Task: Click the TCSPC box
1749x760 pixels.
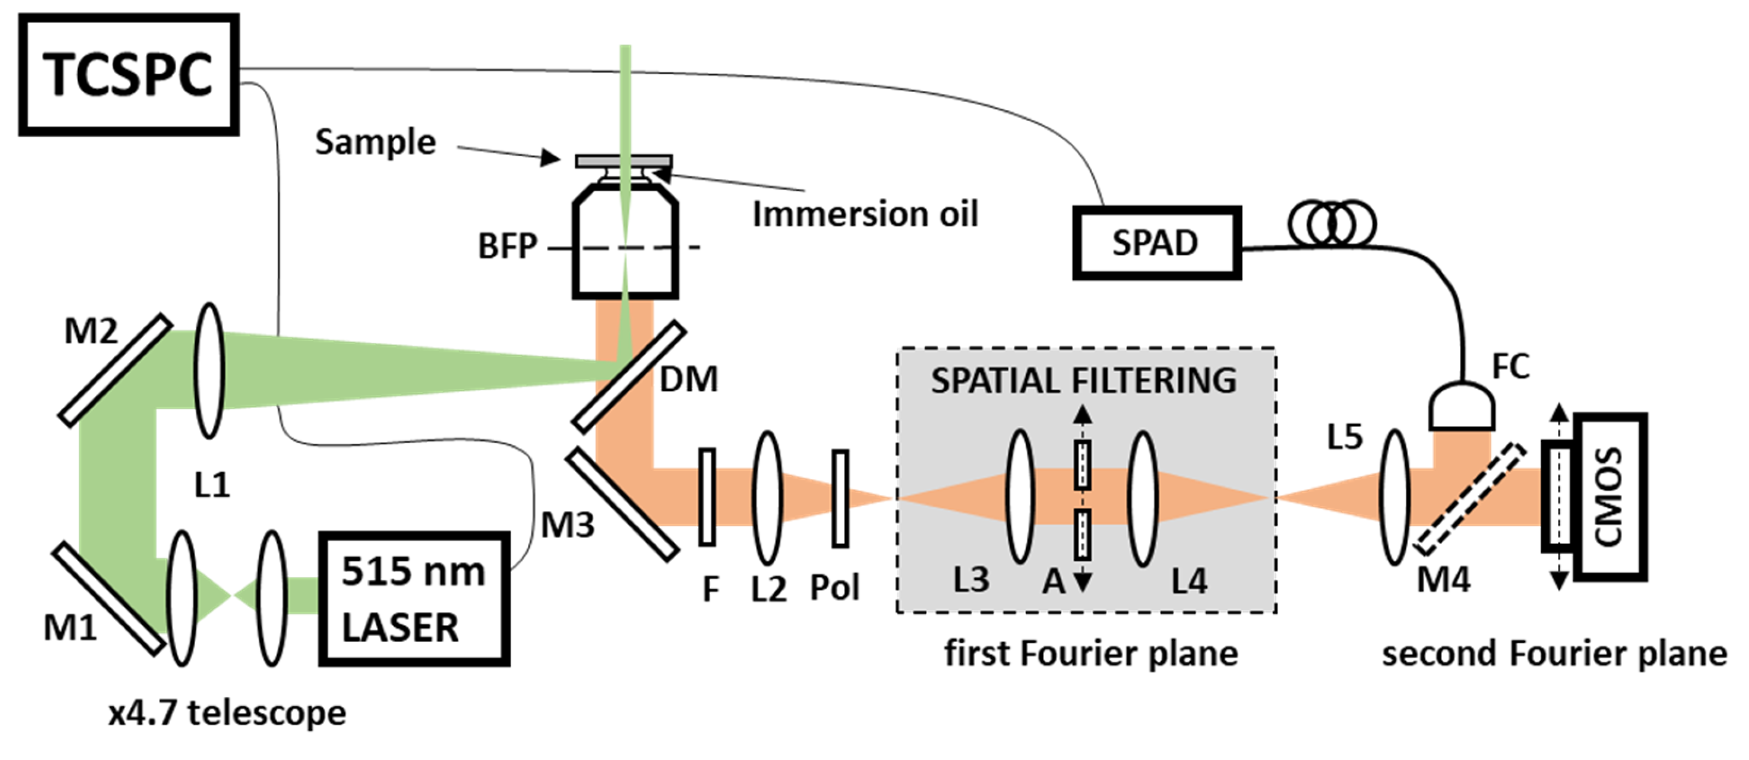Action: point(128,74)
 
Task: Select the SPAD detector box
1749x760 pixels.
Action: point(1156,243)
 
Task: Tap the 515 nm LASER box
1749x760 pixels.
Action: point(414,598)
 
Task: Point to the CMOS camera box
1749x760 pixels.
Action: point(1610,497)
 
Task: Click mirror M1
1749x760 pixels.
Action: point(109,598)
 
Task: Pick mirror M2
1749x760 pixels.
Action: point(115,371)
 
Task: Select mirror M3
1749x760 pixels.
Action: point(622,504)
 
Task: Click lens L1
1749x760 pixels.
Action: point(209,371)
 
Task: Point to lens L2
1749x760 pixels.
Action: point(768,498)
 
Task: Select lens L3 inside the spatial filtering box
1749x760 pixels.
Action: point(1020,497)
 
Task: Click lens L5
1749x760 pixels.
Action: point(1395,497)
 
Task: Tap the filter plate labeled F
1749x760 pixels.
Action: point(707,497)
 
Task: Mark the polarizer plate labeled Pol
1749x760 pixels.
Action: point(840,498)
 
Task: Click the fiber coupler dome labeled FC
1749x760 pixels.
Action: point(1461,407)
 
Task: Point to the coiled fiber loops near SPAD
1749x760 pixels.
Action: point(1331,224)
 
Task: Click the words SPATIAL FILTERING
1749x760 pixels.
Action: point(1083,381)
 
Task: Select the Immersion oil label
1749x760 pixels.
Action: point(865,214)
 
